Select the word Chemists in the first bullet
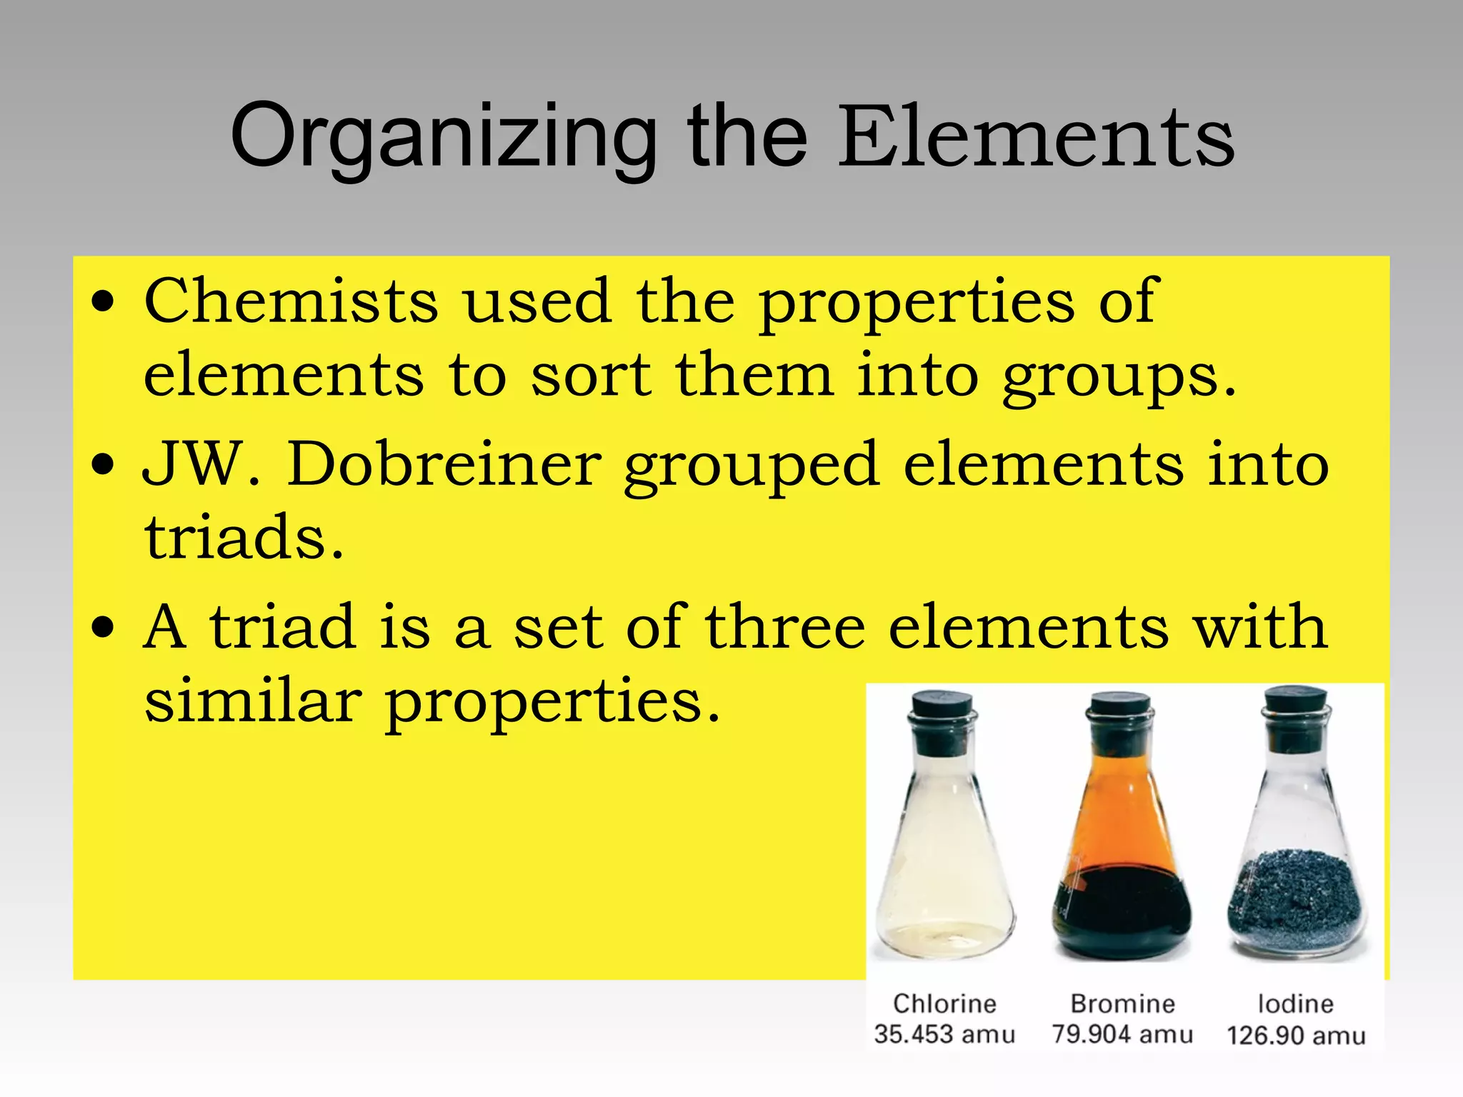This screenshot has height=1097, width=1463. (291, 301)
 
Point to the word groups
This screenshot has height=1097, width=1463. (1118, 376)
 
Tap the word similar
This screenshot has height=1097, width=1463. (253, 701)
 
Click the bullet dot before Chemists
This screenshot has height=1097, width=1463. (104, 301)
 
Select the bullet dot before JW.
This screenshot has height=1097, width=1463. (104, 464)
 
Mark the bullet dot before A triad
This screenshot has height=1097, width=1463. (104, 627)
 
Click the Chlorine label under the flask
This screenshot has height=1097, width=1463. (944, 1003)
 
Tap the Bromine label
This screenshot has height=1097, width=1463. (1122, 1003)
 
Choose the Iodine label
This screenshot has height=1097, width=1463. (1295, 1003)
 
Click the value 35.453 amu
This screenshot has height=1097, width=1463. (944, 1034)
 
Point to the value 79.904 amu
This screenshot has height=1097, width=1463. (1122, 1034)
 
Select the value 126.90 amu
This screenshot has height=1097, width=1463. (1296, 1036)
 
